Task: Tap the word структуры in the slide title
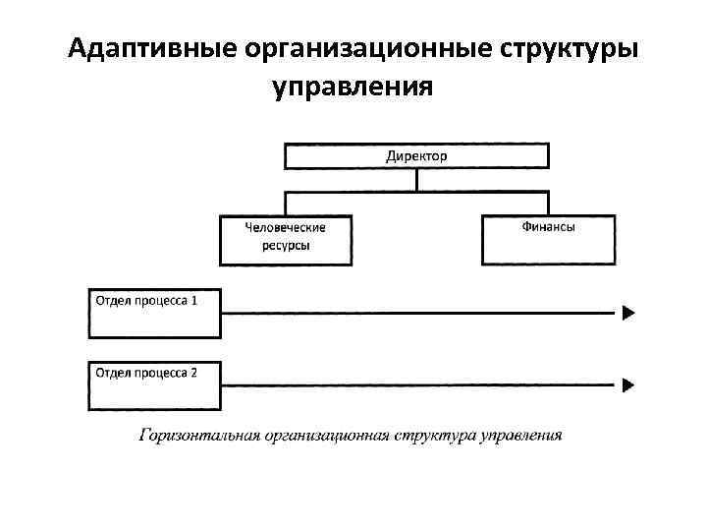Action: click(x=575, y=48)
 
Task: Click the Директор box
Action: click(x=416, y=156)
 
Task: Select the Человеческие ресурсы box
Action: click(x=285, y=241)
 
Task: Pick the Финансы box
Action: click(x=548, y=241)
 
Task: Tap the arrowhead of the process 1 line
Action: click(x=628, y=314)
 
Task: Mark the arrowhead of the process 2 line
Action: click(x=628, y=384)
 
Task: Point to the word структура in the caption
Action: click(x=437, y=435)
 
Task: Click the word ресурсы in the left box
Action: click(x=285, y=246)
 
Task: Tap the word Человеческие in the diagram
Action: click(x=285, y=228)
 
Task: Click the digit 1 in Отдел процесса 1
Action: click(x=193, y=299)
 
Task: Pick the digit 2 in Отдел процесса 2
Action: click(x=193, y=373)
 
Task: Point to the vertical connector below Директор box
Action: click(x=417, y=179)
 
